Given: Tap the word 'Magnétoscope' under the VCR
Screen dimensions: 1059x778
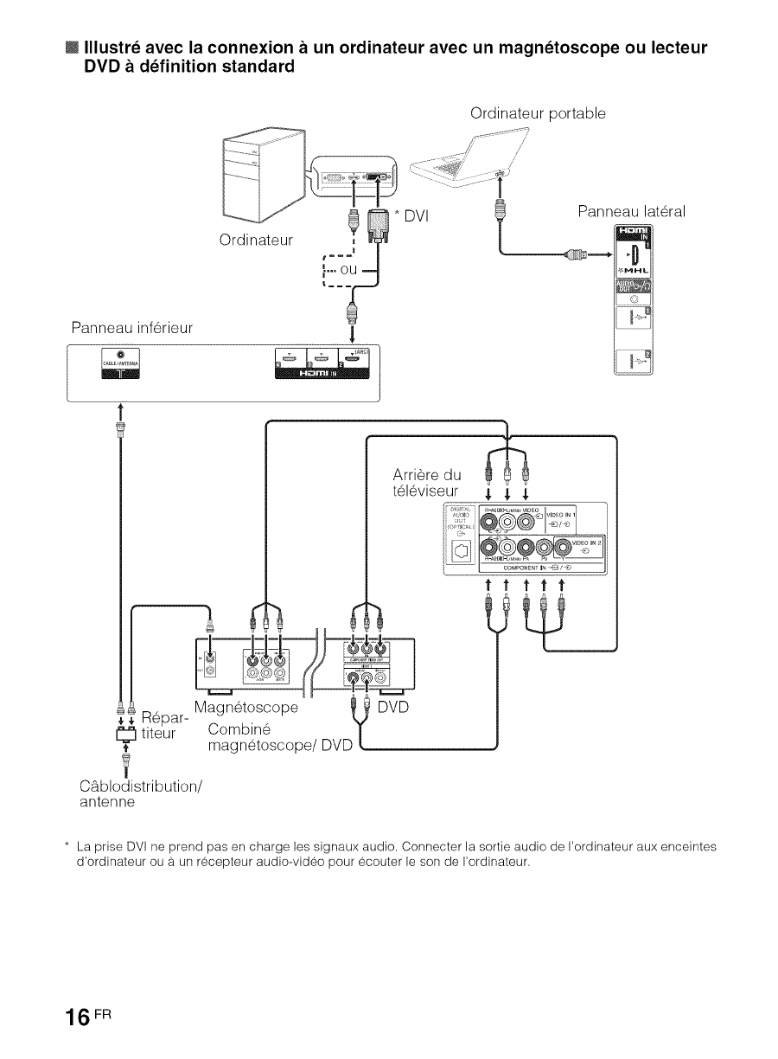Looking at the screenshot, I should pos(247,707).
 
